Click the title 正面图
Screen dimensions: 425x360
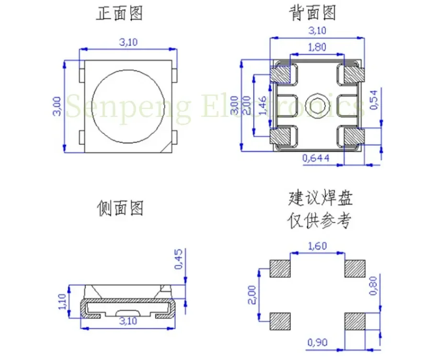click(x=120, y=13)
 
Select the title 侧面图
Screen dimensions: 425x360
click(x=120, y=208)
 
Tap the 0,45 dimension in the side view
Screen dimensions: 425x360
click(x=179, y=259)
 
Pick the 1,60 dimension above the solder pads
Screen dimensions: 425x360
click(x=317, y=246)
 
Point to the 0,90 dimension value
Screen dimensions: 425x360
click(x=318, y=342)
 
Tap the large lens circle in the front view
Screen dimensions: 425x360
click(x=128, y=105)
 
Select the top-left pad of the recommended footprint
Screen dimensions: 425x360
click(x=280, y=269)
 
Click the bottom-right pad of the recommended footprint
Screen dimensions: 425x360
click(x=355, y=321)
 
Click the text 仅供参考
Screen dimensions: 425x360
click(x=320, y=221)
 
